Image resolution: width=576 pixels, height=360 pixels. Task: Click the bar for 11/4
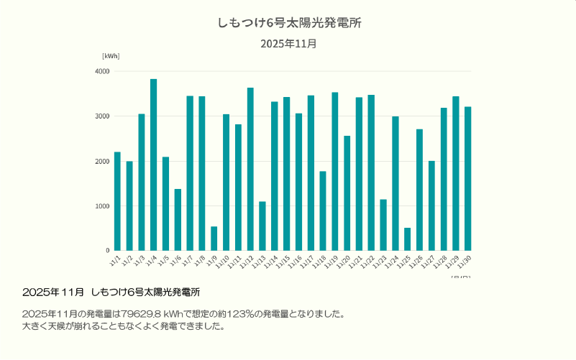[153, 165]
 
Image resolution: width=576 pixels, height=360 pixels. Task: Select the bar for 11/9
[214, 239]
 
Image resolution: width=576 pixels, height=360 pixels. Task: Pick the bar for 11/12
[250, 169]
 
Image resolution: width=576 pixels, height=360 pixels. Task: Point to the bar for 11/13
[262, 226]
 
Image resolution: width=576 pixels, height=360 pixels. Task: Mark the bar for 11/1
[117, 201]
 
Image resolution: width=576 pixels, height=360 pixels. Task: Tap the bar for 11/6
[178, 220]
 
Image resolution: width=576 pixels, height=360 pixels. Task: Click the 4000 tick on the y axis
[102, 71]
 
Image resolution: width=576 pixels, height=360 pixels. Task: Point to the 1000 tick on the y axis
[102, 206]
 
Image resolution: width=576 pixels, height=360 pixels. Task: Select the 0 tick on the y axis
[107, 251]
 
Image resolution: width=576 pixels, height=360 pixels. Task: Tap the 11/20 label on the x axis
[344, 260]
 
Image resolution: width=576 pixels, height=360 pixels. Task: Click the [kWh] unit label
[111, 56]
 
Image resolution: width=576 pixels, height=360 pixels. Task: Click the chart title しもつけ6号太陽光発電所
[288, 23]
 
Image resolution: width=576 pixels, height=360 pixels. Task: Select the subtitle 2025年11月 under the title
[288, 44]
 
